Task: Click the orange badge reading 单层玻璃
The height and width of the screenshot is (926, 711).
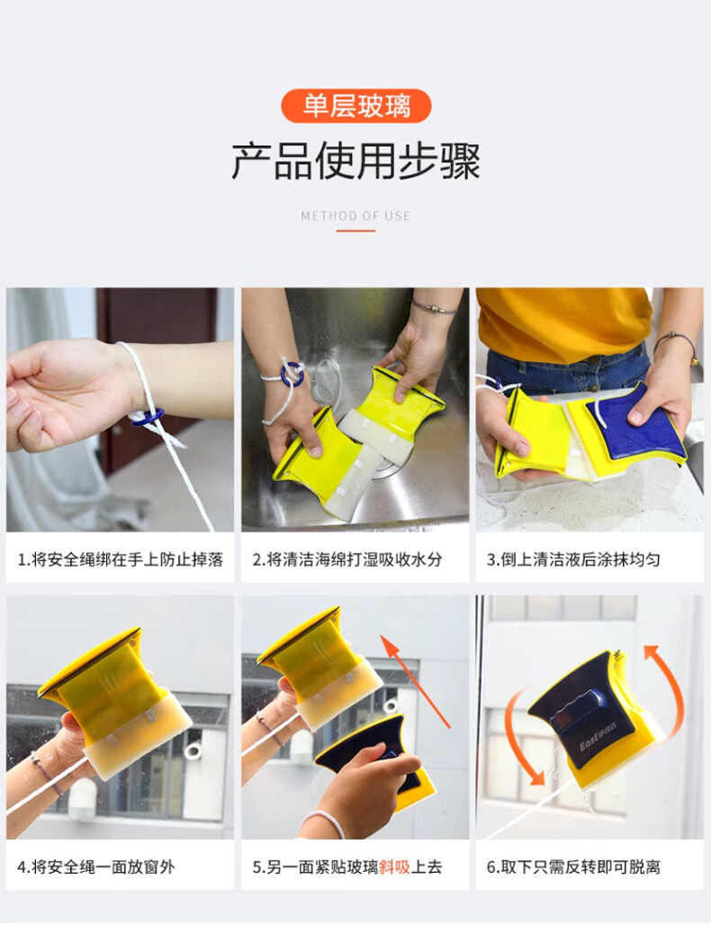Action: pyautogui.click(x=355, y=105)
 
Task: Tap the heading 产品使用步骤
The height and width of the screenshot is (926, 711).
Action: pyautogui.click(x=355, y=160)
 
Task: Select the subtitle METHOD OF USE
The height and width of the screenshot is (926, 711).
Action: pyautogui.click(x=355, y=216)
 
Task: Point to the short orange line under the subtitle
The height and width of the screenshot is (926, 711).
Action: pyautogui.click(x=355, y=231)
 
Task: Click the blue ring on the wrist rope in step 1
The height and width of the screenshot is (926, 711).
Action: pyautogui.click(x=148, y=418)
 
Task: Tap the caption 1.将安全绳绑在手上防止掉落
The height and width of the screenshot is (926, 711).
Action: pyautogui.click(x=121, y=559)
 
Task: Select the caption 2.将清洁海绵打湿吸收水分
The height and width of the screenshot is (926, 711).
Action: pyautogui.click(x=347, y=559)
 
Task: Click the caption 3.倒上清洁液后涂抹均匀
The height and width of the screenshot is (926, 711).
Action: pyautogui.click(x=573, y=559)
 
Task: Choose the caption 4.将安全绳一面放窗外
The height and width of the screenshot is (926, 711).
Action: pyautogui.click(x=96, y=867)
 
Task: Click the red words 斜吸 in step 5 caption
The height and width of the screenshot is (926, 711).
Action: pyautogui.click(x=394, y=867)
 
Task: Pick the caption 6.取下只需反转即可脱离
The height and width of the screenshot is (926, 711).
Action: pyautogui.click(x=573, y=867)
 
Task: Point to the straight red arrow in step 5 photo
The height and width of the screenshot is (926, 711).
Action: pyautogui.click(x=415, y=681)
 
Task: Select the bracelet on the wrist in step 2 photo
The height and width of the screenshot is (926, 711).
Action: pyautogui.click(x=435, y=307)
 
